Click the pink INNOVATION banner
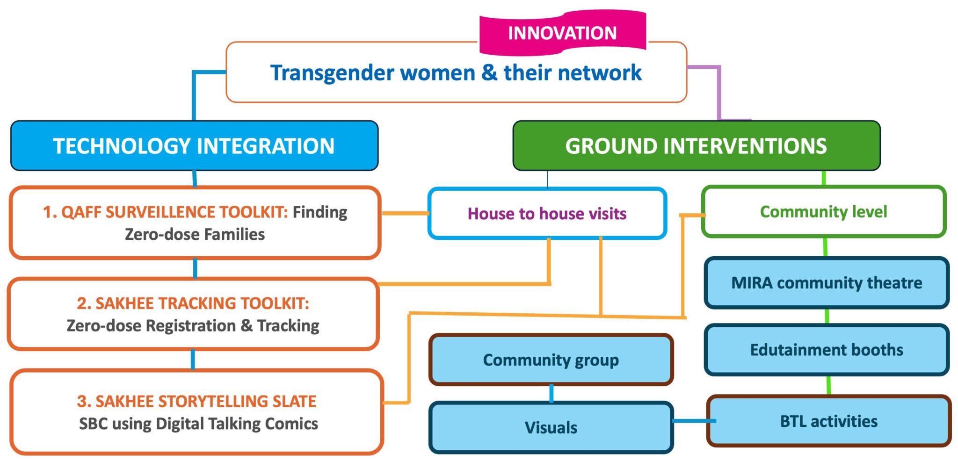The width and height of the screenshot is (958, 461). [x=562, y=33]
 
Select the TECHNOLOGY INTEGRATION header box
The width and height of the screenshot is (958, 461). [x=194, y=146]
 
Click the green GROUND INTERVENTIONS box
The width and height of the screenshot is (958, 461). [x=696, y=146]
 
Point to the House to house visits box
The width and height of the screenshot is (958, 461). [x=547, y=214]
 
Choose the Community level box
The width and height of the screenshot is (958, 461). [x=823, y=212]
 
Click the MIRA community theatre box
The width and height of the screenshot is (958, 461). [x=827, y=283]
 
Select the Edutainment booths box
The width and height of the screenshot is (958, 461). [x=827, y=350]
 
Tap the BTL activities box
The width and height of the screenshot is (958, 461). [x=828, y=421]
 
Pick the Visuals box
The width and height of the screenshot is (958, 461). [x=551, y=427]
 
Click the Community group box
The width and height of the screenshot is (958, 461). [x=551, y=360]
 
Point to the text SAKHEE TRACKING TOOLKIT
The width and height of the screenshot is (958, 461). [x=193, y=303]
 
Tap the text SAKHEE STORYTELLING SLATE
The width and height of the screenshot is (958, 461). [x=196, y=401]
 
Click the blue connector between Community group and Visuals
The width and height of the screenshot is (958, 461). [x=552, y=393]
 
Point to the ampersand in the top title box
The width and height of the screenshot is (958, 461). [x=489, y=73]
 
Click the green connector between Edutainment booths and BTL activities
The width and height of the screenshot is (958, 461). [x=828, y=385]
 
